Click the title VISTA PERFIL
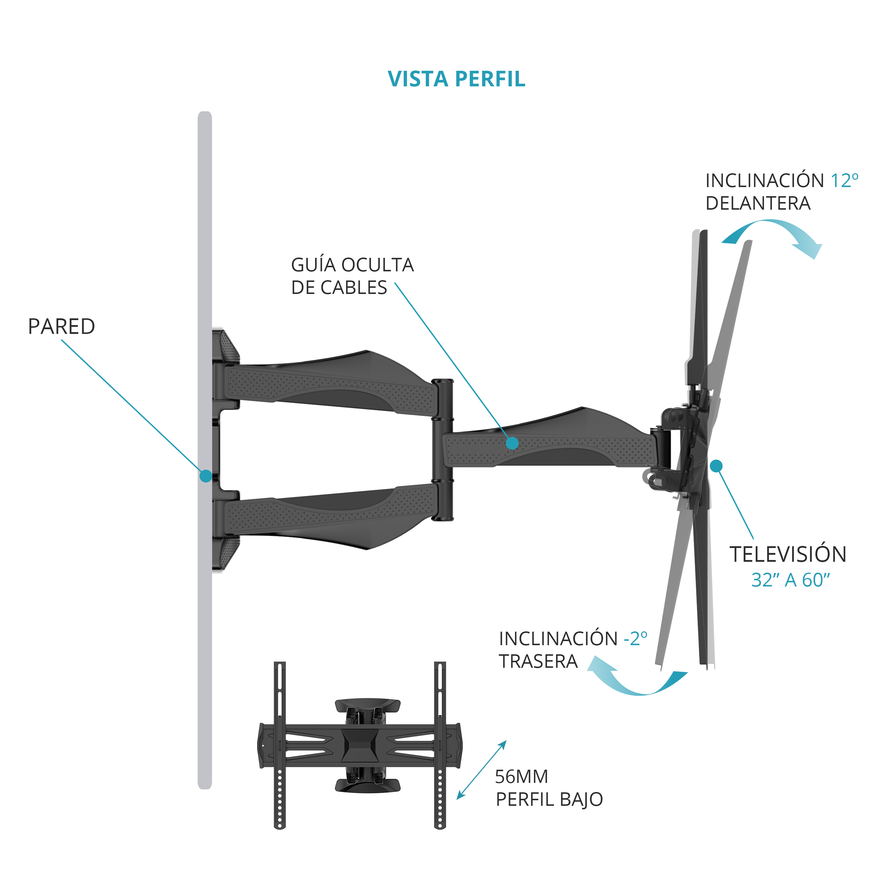456,79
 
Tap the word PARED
62,327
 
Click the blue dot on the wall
206,476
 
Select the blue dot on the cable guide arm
512,443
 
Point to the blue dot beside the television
716,465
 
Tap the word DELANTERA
758,204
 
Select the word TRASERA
539,661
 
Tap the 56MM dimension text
522,776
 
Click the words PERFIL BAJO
549,799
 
